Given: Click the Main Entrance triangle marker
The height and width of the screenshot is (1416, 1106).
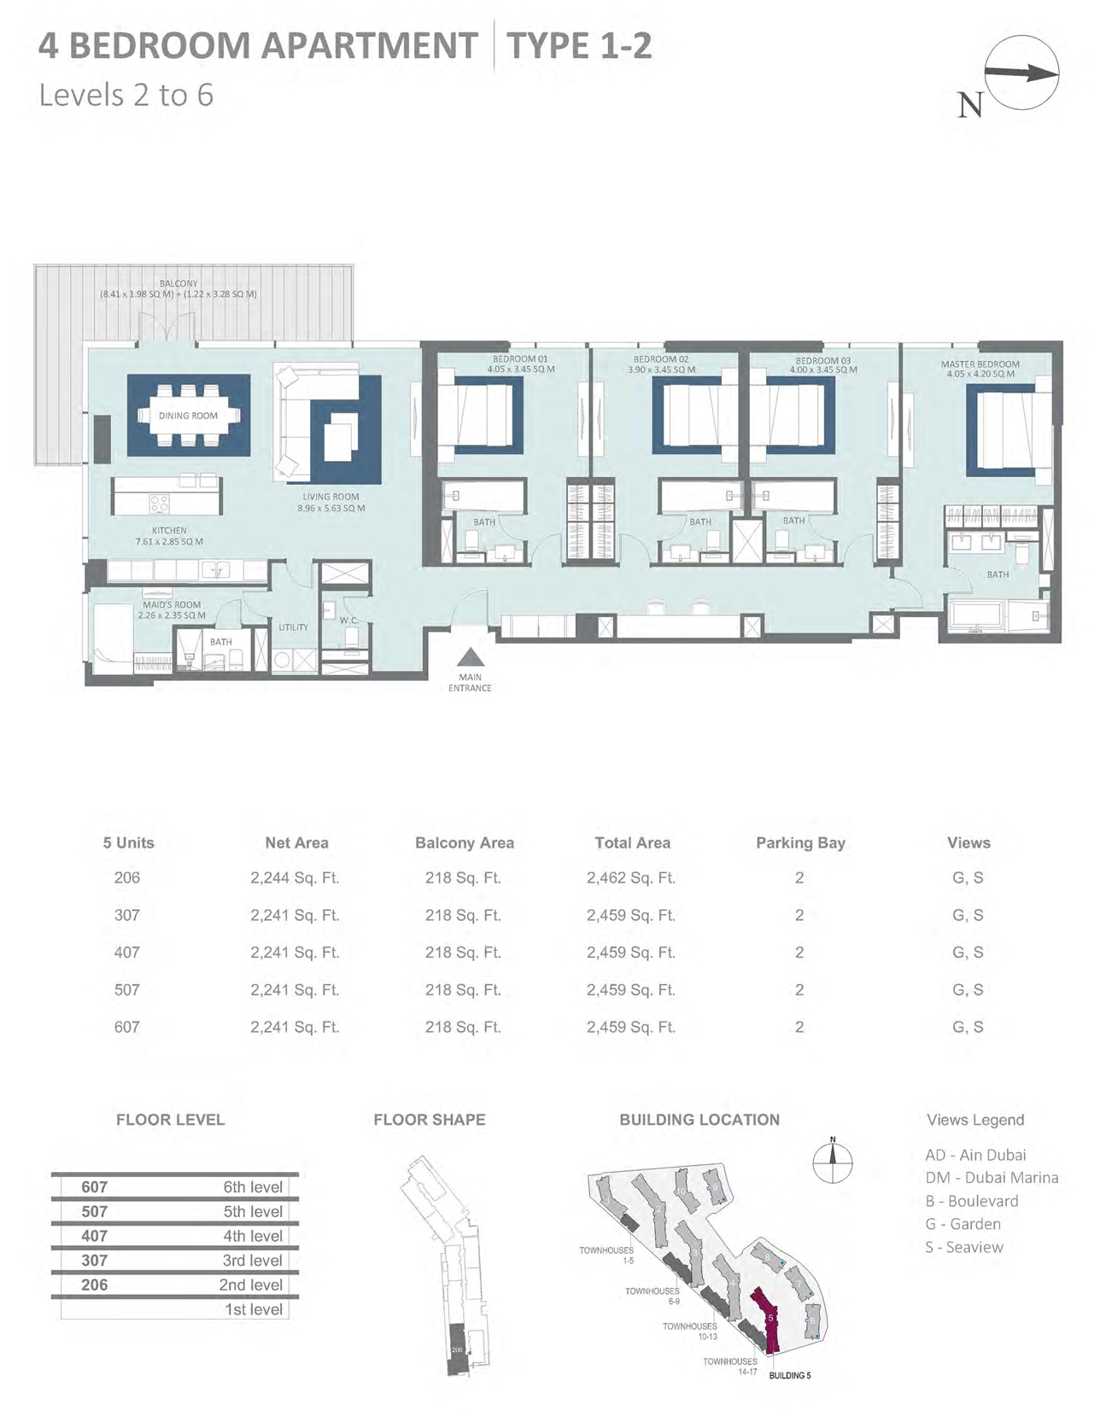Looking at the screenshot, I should (x=470, y=658).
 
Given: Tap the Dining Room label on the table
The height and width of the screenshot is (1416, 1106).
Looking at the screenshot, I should (x=188, y=416).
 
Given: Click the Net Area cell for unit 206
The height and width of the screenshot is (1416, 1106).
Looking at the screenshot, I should (x=295, y=877).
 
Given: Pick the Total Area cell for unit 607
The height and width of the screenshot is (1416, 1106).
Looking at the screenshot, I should (x=630, y=1027).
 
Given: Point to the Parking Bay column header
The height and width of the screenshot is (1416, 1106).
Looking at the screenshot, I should (x=799, y=842).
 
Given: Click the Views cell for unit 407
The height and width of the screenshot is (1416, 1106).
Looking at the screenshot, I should (x=968, y=953).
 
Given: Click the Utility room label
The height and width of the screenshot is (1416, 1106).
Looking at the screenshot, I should (x=293, y=627).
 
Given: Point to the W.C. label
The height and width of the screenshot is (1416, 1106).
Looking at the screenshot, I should (x=348, y=621).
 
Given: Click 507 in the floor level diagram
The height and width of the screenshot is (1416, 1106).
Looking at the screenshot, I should (x=95, y=1211).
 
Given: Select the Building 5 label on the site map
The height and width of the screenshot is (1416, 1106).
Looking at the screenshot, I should (x=789, y=1375).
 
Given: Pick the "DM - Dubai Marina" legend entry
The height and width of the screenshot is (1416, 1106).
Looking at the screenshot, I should (x=992, y=1177).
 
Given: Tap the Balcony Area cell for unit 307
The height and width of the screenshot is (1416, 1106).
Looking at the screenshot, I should (x=463, y=915).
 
